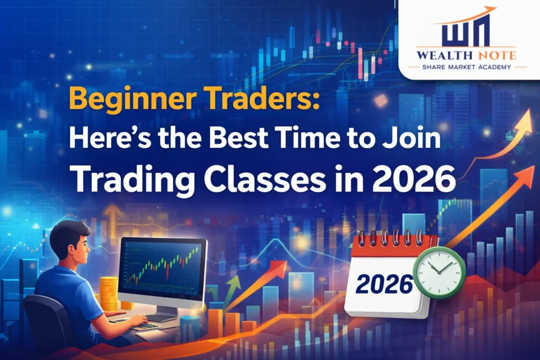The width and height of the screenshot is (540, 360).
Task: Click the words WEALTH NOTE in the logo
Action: pyautogui.click(x=466, y=55)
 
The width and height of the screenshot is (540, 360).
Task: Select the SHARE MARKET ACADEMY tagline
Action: pyautogui.click(x=466, y=67)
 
